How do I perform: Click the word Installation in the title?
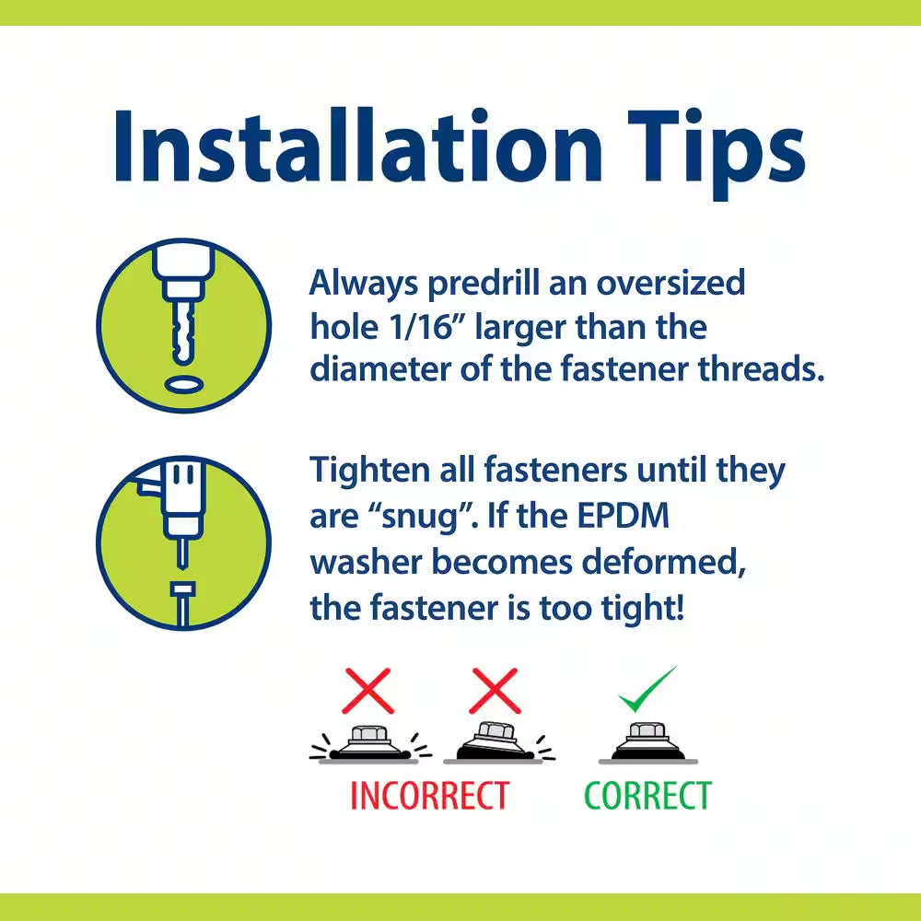coord(358,146)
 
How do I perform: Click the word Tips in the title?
coord(716,154)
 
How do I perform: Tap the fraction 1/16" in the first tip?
coord(423,326)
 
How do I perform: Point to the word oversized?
coord(670,283)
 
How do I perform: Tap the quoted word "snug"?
coord(420,518)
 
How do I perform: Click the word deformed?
coord(664,562)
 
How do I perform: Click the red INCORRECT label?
coord(429,796)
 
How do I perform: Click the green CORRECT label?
coord(647,796)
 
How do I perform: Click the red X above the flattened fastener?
coord(367,691)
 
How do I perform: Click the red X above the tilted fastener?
coord(495,691)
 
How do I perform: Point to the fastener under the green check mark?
coord(647,741)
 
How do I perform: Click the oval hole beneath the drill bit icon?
coord(184,385)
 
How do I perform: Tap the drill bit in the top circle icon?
coord(184,332)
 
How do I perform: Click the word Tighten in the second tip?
coord(370,471)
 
